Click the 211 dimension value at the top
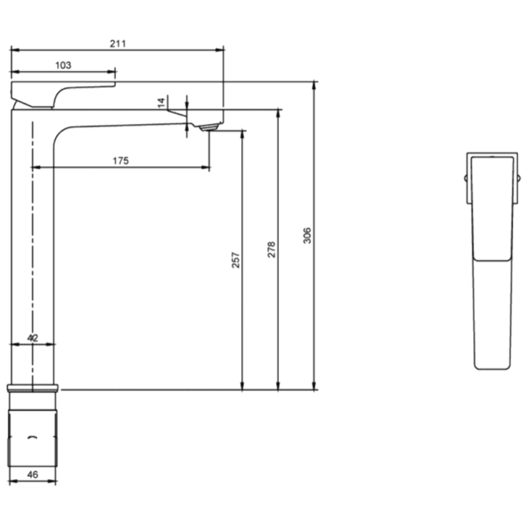[x=118, y=44]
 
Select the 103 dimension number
[x=63, y=65]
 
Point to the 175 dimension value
[x=121, y=161]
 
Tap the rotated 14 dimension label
[x=161, y=103]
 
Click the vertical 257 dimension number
[x=236, y=260]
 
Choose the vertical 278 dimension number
[x=271, y=249]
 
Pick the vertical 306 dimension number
[x=307, y=235]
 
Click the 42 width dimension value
[x=33, y=338]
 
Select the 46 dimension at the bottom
[x=32, y=475]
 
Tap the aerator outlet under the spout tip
[x=209, y=128]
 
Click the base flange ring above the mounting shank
[x=33, y=388]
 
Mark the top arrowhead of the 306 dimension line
[x=315, y=84]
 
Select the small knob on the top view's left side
[x=466, y=178]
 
